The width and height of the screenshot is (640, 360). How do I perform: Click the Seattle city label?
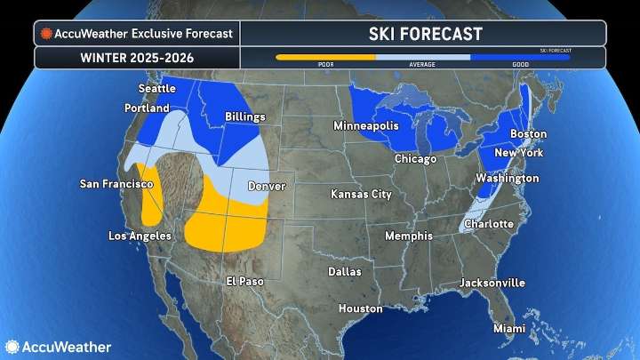(x=157, y=89)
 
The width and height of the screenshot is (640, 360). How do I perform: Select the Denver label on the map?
(x=267, y=187)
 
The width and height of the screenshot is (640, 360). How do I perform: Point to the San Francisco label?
(x=115, y=184)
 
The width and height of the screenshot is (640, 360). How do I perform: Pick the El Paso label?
(x=244, y=281)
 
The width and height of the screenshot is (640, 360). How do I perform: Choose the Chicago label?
(x=415, y=159)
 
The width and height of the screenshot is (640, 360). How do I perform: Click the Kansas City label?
(x=361, y=194)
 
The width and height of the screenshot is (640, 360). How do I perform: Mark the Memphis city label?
(x=409, y=236)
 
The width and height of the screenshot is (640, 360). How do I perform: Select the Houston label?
(x=360, y=308)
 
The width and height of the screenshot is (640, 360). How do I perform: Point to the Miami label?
(x=510, y=328)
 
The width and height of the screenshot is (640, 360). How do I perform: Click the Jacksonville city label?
(x=492, y=283)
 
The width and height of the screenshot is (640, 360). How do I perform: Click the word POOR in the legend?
(x=325, y=65)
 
